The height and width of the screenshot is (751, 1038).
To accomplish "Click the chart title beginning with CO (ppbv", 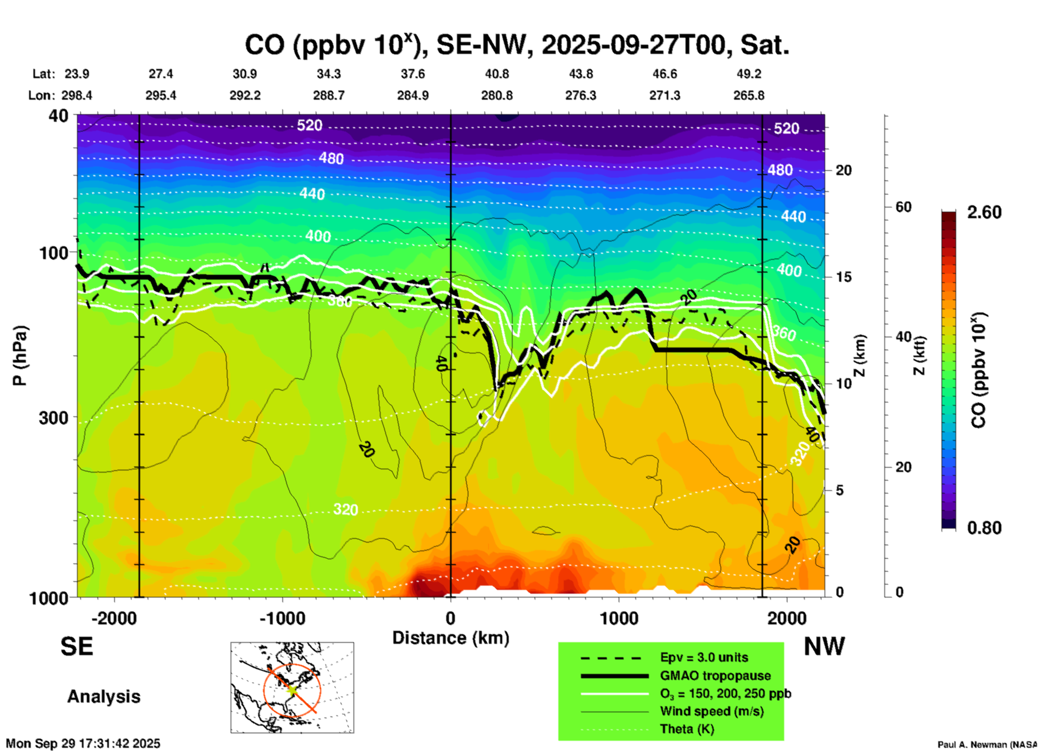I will (x=517, y=45).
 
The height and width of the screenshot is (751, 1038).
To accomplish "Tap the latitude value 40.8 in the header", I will (x=496, y=74).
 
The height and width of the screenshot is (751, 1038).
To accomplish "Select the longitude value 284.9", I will (x=413, y=95).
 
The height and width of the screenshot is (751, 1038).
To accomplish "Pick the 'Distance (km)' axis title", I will (x=451, y=638).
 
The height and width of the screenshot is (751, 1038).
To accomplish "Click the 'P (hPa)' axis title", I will (x=20, y=356).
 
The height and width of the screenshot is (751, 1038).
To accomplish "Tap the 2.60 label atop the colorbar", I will (x=984, y=212).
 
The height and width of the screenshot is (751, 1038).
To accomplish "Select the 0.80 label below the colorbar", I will (x=984, y=527).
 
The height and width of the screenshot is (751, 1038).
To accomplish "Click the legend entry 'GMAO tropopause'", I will (x=715, y=676).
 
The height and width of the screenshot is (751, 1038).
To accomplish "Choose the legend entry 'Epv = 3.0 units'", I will (x=704, y=657).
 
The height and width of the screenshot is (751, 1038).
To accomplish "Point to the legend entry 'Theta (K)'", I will (x=687, y=729).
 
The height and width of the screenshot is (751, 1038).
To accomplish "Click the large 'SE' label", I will (x=77, y=646).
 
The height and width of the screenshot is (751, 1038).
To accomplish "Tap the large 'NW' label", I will (x=824, y=646).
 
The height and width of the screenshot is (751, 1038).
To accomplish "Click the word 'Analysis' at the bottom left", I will (x=103, y=697).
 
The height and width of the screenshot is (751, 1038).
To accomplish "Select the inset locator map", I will (x=292, y=687).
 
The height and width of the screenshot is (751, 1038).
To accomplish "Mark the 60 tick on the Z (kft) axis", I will (x=903, y=207).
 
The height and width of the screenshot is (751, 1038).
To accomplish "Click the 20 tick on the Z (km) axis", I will (x=843, y=170).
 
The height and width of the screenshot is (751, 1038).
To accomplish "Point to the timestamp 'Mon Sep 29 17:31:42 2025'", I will (x=83, y=743).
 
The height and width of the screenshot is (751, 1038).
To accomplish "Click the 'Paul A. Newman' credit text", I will (x=987, y=745).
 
